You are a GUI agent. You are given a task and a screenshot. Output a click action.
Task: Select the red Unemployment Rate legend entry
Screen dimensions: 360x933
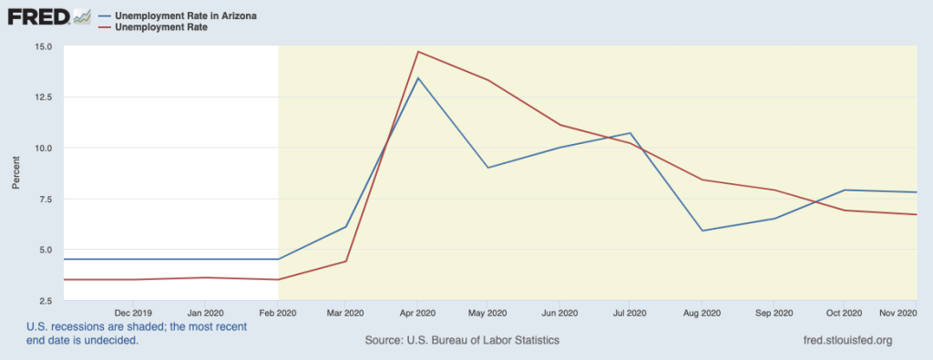point(160,27)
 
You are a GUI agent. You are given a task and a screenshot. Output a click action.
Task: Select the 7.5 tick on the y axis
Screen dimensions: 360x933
point(44,199)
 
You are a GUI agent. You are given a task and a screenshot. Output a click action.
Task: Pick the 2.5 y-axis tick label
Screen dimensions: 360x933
point(44,301)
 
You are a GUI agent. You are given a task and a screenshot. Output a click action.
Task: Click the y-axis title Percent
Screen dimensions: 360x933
point(15,173)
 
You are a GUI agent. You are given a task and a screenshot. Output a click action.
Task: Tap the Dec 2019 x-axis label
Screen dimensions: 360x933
point(133,313)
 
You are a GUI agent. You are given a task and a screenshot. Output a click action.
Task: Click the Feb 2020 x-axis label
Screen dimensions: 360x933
point(278,313)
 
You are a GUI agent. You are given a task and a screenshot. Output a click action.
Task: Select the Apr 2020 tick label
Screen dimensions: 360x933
point(417,313)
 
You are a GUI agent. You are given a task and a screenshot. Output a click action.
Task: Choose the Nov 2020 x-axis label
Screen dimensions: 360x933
point(897,313)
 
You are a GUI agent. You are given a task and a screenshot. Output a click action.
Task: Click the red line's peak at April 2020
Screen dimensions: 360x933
point(417,51)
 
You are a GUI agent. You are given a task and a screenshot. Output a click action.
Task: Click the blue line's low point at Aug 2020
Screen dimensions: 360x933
point(702,231)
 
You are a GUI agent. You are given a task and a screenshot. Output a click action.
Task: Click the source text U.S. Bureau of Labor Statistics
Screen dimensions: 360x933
point(461,340)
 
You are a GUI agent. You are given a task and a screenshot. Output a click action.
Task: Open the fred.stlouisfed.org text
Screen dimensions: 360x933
point(843,340)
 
